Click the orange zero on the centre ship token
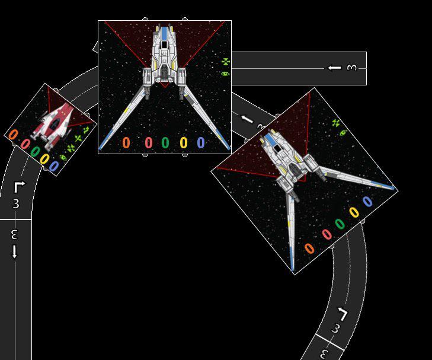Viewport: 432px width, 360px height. (126, 142)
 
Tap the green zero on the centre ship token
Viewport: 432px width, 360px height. (165, 142)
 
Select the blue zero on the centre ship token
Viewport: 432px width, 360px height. (201, 142)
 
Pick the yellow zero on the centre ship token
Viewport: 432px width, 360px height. (184, 142)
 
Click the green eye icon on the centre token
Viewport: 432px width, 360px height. (225, 74)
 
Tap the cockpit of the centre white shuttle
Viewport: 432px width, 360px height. (164, 44)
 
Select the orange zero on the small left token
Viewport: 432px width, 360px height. (14, 135)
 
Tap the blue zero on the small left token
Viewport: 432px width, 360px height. (54, 166)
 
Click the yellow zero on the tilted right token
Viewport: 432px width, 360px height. (354, 212)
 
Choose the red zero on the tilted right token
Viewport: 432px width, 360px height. (327, 234)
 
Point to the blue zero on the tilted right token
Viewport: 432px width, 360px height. (367, 201)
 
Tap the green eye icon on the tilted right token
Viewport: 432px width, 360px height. (343, 132)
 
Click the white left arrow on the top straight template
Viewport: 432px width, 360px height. (335, 68)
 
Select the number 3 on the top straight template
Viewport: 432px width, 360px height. (352, 68)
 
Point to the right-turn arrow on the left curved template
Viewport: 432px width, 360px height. (18, 187)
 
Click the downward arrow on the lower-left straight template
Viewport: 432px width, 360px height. (15, 251)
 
